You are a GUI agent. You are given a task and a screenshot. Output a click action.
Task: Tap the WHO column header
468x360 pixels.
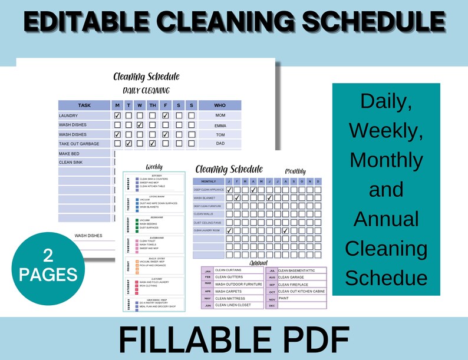pyautogui.click(x=220, y=105)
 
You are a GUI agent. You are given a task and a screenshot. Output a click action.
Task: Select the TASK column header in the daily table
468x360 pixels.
pyautogui.click(x=84, y=105)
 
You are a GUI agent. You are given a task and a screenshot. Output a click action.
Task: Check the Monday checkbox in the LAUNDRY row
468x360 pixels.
pyautogui.click(x=117, y=115)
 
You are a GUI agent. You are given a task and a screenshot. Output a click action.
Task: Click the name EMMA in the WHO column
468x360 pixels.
pyautogui.click(x=220, y=125)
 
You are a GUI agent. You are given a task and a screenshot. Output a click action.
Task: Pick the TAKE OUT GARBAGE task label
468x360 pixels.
pyautogui.click(x=79, y=144)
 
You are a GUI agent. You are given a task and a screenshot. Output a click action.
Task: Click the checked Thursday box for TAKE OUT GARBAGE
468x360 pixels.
pyautogui.click(x=152, y=143)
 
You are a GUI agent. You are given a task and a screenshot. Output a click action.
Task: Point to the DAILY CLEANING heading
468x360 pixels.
pyautogui.click(x=146, y=90)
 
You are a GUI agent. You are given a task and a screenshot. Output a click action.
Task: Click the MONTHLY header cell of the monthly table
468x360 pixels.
pyautogui.click(x=209, y=181)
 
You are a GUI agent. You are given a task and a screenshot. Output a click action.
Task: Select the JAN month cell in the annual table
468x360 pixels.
pyautogui.click(x=207, y=270)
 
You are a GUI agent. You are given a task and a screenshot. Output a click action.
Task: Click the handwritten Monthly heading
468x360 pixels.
pyautogui.click(x=295, y=171)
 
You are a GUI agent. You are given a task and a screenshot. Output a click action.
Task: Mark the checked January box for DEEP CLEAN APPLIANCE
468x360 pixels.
pyautogui.click(x=229, y=190)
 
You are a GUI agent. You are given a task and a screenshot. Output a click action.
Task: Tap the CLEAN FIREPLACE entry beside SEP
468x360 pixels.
pyautogui.click(x=293, y=285)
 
